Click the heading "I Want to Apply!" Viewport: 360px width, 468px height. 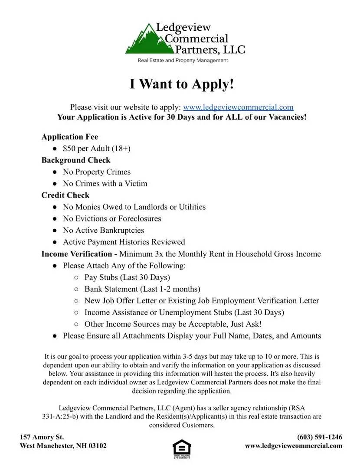click(x=182, y=84)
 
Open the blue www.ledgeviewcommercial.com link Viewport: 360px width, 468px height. click(x=239, y=107)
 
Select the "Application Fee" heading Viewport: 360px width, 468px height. click(x=70, y=137)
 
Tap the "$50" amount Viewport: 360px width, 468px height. click(x=69, y=149)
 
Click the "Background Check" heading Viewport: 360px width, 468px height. click(x=76, y=160)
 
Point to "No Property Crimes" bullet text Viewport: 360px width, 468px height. click(x=97, y=172)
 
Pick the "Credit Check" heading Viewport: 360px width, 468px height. click(x=65, y=195)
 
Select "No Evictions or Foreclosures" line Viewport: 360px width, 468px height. click(x=112, y=219)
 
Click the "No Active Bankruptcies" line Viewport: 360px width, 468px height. click(x=103, y=231)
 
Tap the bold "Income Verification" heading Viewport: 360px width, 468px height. click(x=77, y=254)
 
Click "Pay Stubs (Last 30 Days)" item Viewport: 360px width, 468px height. click(x=127, y=277)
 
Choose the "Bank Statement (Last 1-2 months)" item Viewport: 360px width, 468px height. click(x=142, y=289)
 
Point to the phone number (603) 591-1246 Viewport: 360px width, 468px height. click(x=320, y=437)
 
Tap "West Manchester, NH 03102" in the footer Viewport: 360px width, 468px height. click(x=63, y=446)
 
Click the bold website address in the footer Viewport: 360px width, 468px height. click(x=294, y=446)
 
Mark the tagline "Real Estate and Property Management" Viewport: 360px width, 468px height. click(x=183, y=61)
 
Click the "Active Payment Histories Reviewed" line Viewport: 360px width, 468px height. click(x=124, y=242)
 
